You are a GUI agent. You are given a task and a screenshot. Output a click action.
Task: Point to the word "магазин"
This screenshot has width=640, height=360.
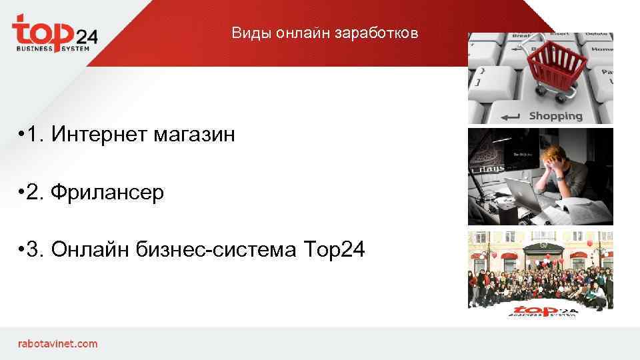(194, 135)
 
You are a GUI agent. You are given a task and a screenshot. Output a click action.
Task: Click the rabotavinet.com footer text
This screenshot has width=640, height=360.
(57, 344)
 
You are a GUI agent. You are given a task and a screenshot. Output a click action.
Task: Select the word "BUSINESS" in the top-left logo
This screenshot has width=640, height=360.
(33, 49)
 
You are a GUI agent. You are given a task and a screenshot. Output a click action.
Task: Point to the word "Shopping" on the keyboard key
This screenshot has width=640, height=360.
(555, 116)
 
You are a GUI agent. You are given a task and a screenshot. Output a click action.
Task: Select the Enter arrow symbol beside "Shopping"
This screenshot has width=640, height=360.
(510, 116)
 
